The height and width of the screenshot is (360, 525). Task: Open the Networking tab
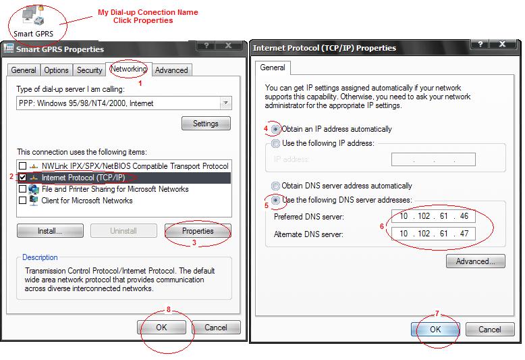coord(129,70)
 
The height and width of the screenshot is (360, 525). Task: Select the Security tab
coord(89,70)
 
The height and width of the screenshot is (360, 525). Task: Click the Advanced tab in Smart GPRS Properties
coord(171,70)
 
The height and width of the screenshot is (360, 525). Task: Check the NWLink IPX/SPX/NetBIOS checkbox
coord(22,165)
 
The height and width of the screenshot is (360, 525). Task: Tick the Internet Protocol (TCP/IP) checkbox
coord(22,178)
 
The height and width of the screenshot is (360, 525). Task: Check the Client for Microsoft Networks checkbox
coord(22,200)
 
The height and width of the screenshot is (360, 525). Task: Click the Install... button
coord(50,230)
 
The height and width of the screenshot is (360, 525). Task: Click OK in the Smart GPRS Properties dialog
coord(161,327)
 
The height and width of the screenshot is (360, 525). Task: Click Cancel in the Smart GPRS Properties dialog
coord(216,327)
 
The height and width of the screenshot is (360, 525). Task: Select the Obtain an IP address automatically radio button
coord(275,129)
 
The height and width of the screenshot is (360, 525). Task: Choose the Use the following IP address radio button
coord(275,143)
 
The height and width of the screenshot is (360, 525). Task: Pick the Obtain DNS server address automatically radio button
coord(275,186)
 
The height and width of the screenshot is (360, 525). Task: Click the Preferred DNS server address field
coord(433,216)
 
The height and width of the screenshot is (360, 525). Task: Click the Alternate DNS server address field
coord(433,234)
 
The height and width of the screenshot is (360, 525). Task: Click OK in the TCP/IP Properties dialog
coord(435,329)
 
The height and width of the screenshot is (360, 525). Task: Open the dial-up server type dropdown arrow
coord(225,103)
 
